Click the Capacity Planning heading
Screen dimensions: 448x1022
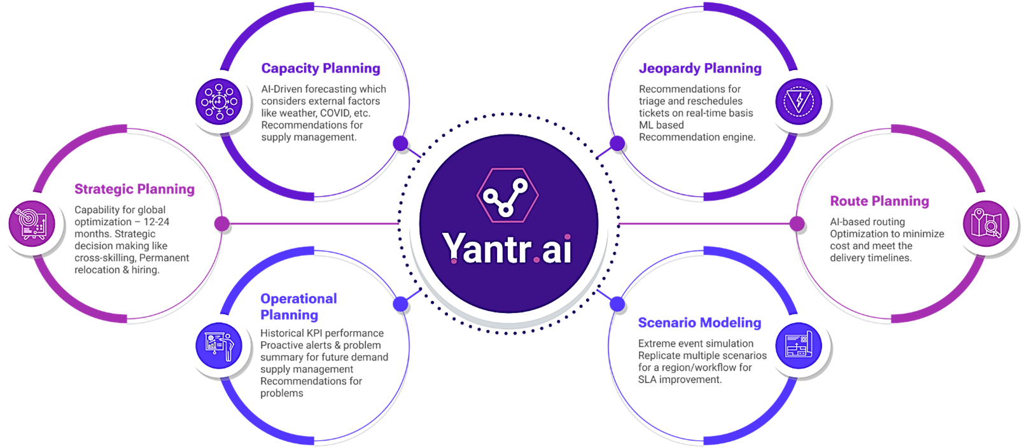[321, 69]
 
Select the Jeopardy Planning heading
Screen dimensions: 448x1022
[700, 69]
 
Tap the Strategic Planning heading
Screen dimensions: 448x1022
[134, 189]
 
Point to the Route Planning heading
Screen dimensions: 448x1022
[879, 201]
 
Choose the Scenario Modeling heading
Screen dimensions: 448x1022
[699, 323]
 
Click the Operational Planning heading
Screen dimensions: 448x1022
[298, 307]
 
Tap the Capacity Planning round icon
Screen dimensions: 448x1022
[218, 101]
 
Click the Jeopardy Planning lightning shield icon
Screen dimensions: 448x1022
[798, 101]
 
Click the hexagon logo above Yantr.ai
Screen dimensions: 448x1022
[507, 193]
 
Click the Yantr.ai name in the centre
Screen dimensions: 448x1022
[507, 248]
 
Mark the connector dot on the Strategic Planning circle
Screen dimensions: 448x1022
[221, 224]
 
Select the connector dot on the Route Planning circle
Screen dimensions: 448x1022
[797, 224]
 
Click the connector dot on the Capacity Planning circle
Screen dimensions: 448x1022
[400, 144]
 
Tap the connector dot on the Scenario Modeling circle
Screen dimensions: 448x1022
[618, 304]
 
